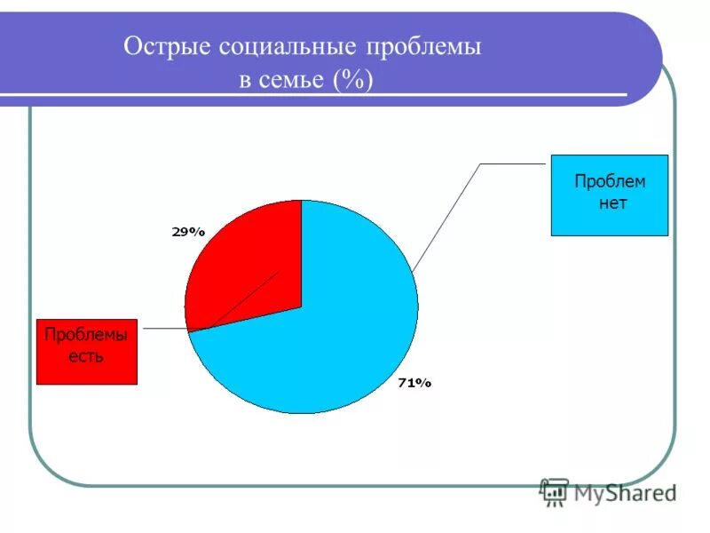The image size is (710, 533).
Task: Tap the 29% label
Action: (188, 232)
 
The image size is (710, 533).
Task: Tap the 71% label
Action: (414, 383)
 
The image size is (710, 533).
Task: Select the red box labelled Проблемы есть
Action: (87, 352)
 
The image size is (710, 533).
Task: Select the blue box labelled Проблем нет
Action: (609, 195)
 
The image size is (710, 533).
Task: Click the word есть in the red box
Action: (87, 357)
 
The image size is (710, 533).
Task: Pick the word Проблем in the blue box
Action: (610, 182)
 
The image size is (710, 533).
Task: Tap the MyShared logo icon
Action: (554, 491)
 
